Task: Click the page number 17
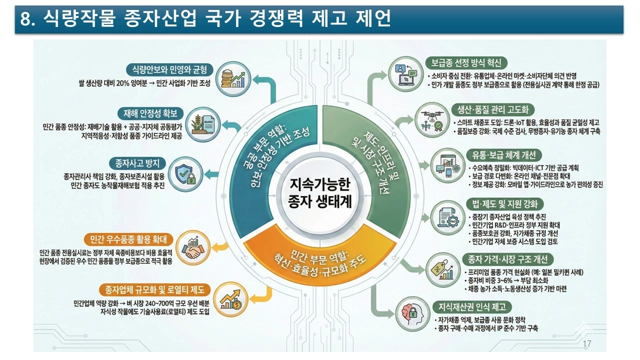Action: coord(587,344)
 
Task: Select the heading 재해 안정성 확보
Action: coord(150,113)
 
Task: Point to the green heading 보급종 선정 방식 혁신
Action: coord(467,63)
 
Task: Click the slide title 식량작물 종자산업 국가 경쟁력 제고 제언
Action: coord(205,19)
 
